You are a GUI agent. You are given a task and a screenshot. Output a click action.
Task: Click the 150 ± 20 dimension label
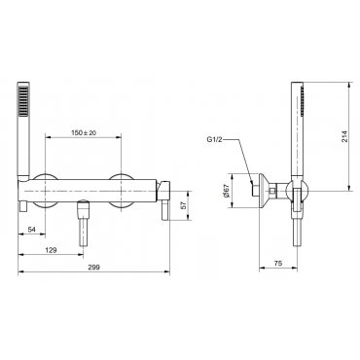click(x=84, y=132)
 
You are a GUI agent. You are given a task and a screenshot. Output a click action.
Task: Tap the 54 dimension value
click(x=31, y=230)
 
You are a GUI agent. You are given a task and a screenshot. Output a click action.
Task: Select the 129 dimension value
click(x=51, y=250)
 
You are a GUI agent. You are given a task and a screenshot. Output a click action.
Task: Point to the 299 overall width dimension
click(x=93, y=268)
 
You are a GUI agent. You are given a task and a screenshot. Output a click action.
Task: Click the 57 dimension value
click(x=183, y=205)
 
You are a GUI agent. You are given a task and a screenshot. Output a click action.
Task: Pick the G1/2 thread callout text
click(x=214, y=140)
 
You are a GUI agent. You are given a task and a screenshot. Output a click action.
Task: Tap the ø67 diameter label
click(x=227, y=191)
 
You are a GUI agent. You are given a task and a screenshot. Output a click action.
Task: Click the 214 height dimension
click(x=343, y=136)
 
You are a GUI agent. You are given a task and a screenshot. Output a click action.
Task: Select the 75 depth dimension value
click(x=278, y=263)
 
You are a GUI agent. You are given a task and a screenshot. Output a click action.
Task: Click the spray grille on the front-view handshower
click(x=24, y=100)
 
